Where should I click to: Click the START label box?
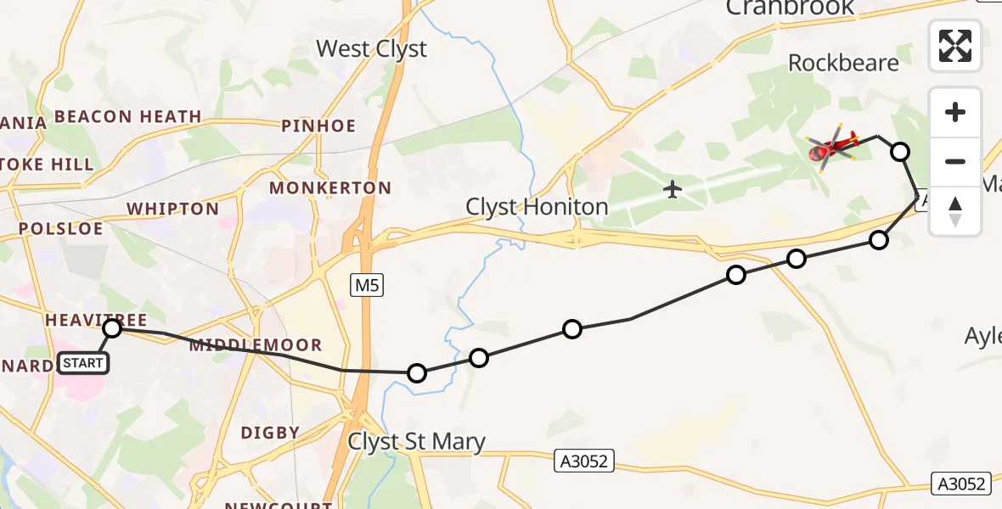(83, 363)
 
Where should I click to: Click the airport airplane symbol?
(673, 188)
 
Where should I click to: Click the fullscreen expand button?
(955, 46)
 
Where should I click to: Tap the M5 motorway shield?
(367, 286)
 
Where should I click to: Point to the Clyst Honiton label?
(537, 207)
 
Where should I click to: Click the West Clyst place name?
(371, 49)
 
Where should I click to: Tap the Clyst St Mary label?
(416, 441)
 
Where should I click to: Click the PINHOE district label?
(318, 126)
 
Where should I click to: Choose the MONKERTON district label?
(330, 187)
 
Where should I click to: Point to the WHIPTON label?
(172, 209)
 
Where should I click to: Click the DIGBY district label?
(270, 433)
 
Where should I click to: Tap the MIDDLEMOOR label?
(256, 345)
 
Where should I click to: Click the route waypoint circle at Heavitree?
(112, 328)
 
